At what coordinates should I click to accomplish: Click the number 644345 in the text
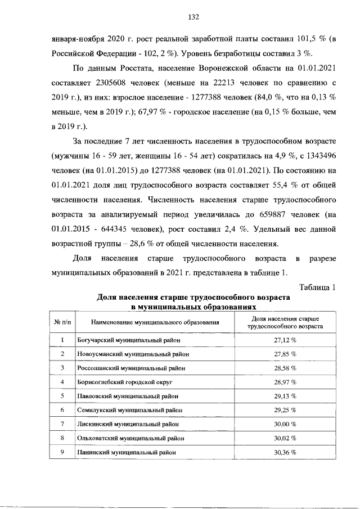(x=120, y=229)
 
